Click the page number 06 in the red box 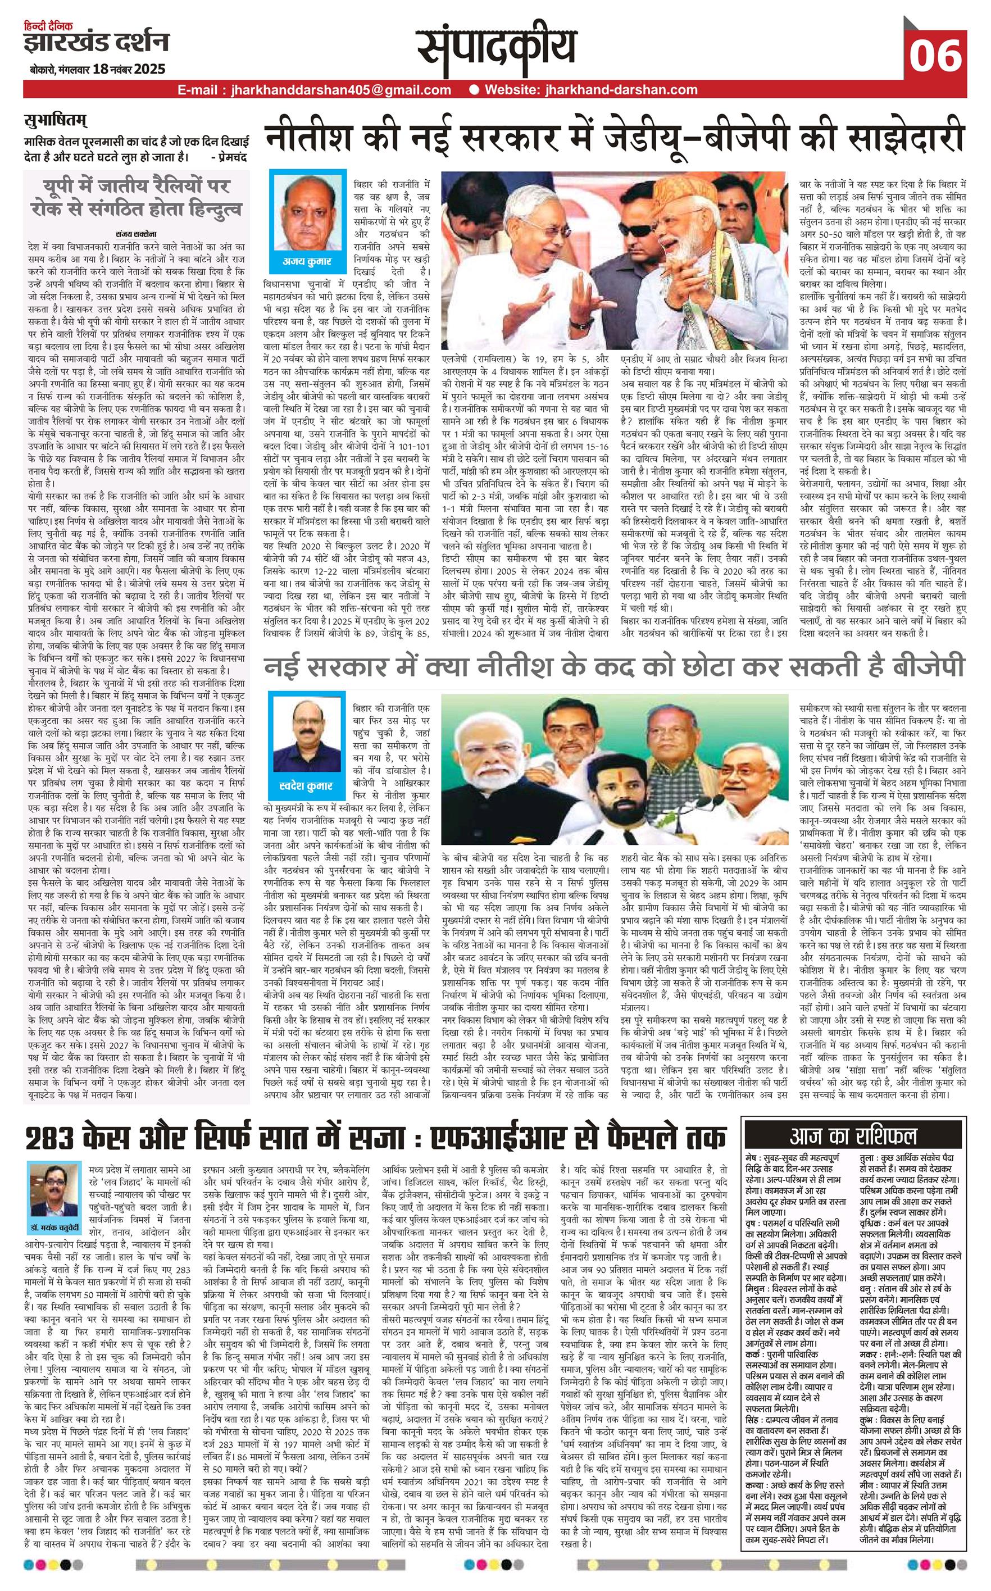pyautogui.click(x=935, y=55)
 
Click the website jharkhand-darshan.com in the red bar pyautogui.click(x=590, y=90)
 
